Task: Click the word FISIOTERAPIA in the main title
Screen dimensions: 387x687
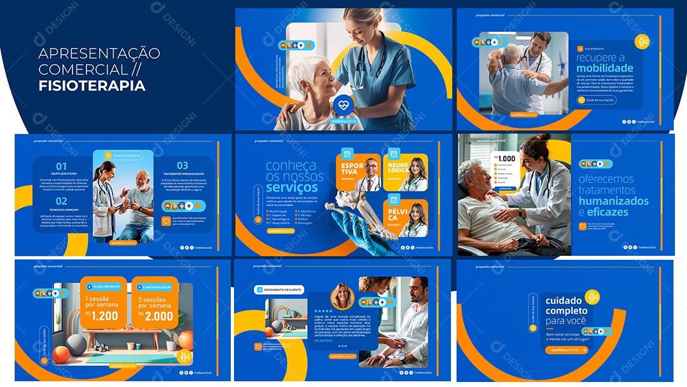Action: [x=92, y=85]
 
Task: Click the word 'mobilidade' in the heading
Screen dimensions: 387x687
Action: [x=604, y=68]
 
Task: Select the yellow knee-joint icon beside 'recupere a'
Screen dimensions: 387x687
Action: [x=642, y=42]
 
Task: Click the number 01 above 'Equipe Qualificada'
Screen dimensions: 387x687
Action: [x=61, y=166]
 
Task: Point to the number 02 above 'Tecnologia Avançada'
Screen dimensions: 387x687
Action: [x=61, y=201]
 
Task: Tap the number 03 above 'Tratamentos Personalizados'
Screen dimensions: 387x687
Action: [x=182, y=166]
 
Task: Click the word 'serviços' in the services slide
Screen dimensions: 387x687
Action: [x=292, y=187]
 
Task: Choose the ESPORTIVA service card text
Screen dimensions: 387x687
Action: [x=352, y=169]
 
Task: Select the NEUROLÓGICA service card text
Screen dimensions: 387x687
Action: [x=399, y=169]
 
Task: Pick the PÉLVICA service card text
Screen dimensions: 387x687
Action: [x=398, y=213]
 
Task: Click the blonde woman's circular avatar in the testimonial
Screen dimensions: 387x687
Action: [x=342, y=297]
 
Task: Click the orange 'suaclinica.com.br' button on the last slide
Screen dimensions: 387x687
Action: [x=566, y=349]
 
